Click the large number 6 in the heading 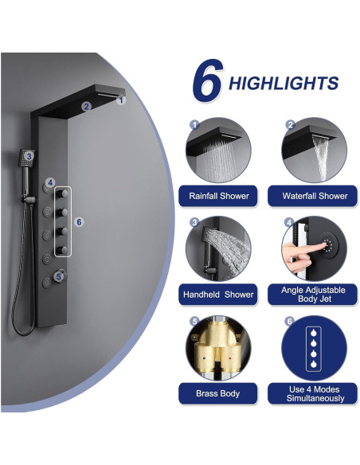click(x=206, y=82)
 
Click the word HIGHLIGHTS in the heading click(x=284, y=84)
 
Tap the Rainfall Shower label click(x=219, y=196)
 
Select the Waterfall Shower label click(x=315, y=196)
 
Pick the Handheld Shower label click(x=219, y=295)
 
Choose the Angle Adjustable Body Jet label click(x=315, y=295)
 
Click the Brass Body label click(x=219, y=393)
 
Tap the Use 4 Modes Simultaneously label click(x=315, y=393)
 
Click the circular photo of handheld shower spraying click(x=219, y=250)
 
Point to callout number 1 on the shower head click(x=121, y=100)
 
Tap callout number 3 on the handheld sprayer click(x=29, y=157)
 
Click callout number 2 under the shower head click(x=88, y=105)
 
